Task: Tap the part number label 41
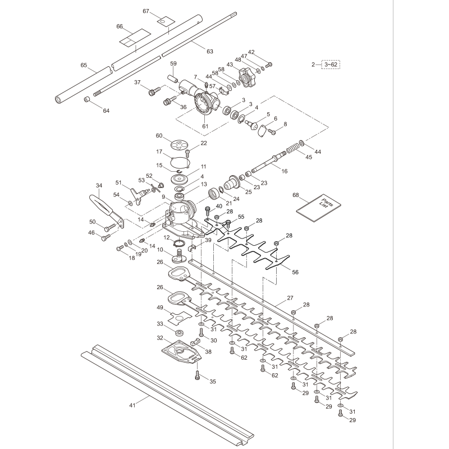coord(132,405)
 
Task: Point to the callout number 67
coord(146,11)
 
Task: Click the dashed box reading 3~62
coord(331,65)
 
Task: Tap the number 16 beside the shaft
coord(285,171)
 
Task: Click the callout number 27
coord(290,299)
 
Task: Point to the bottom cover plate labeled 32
coord(180,352)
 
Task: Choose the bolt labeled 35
coord(197,374)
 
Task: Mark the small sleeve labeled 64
coord(88,99)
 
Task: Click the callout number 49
coord(160,308)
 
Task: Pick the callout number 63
coord(210,52)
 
